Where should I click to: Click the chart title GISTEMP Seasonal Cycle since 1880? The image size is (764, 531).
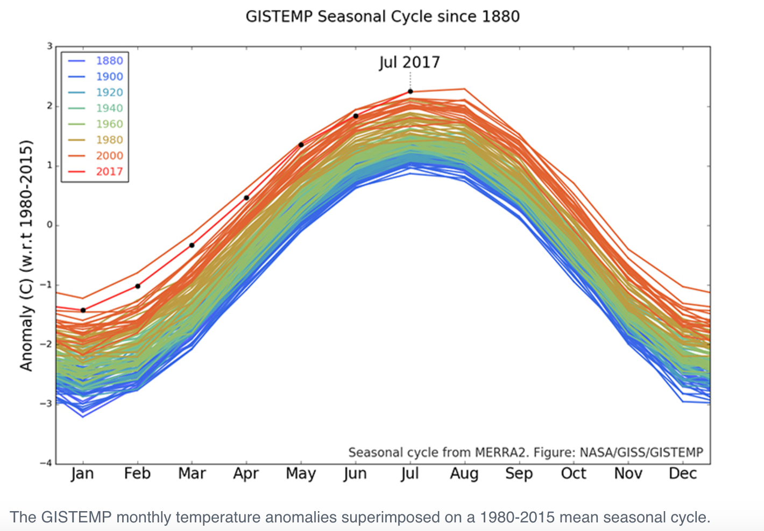click(383, 17)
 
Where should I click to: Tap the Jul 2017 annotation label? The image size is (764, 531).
click(409, 63)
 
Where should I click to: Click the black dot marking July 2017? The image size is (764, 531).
click(411, 91)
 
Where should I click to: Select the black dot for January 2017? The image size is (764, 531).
click(83, 310)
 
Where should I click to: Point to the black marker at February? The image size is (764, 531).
click(138, 286)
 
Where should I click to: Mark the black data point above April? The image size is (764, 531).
click(246, 198)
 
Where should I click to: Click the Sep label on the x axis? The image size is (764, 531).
click(519, 474)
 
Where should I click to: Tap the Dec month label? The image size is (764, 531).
click(682, 473)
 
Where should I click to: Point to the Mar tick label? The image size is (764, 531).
click(192, 473)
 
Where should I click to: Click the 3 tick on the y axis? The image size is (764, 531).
click(50, 47)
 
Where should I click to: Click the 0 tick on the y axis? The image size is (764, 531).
click(50, 225)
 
